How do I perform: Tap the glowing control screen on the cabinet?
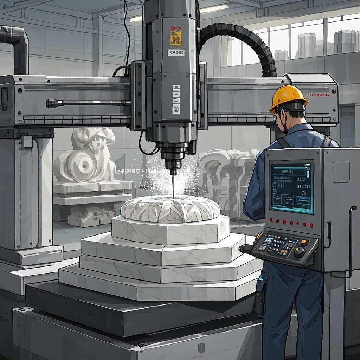[x=291, y=187]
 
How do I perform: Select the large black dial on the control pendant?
[x=299, y=252]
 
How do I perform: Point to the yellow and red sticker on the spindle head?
[x=175, y=36]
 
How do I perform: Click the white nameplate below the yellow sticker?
[x=176, y=52]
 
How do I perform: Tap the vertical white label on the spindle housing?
[x=176, y=99]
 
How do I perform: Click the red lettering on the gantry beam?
[x=318, y=95]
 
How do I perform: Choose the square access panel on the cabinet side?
[x=341, y=172]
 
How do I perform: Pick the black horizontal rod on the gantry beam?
[x=88, y=103]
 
